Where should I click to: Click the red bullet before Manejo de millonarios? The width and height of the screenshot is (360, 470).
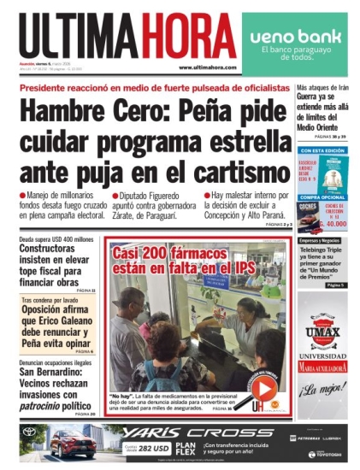(x=22, y=196)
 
